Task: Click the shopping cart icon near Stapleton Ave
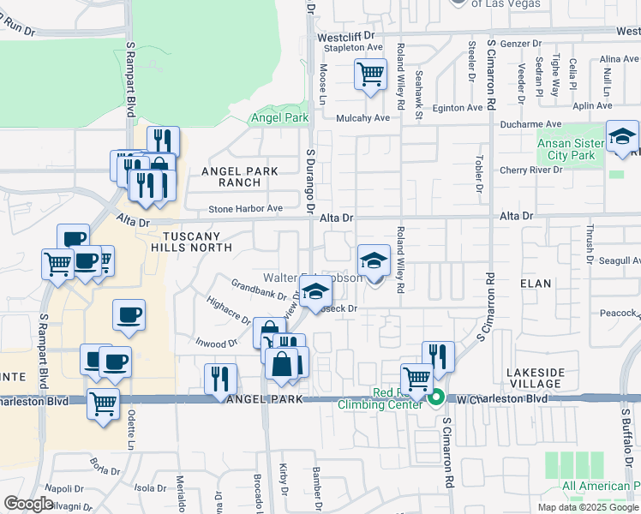pos(370,74)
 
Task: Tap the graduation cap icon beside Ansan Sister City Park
pos(622,137)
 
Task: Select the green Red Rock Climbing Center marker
pos(436,397)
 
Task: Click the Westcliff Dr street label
pos(347,37)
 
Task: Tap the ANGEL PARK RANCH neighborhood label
pos(240,176)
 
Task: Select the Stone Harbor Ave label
pos(247,208)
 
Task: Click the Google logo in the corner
pos(28,504)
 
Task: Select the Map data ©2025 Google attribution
pos(588,507)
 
